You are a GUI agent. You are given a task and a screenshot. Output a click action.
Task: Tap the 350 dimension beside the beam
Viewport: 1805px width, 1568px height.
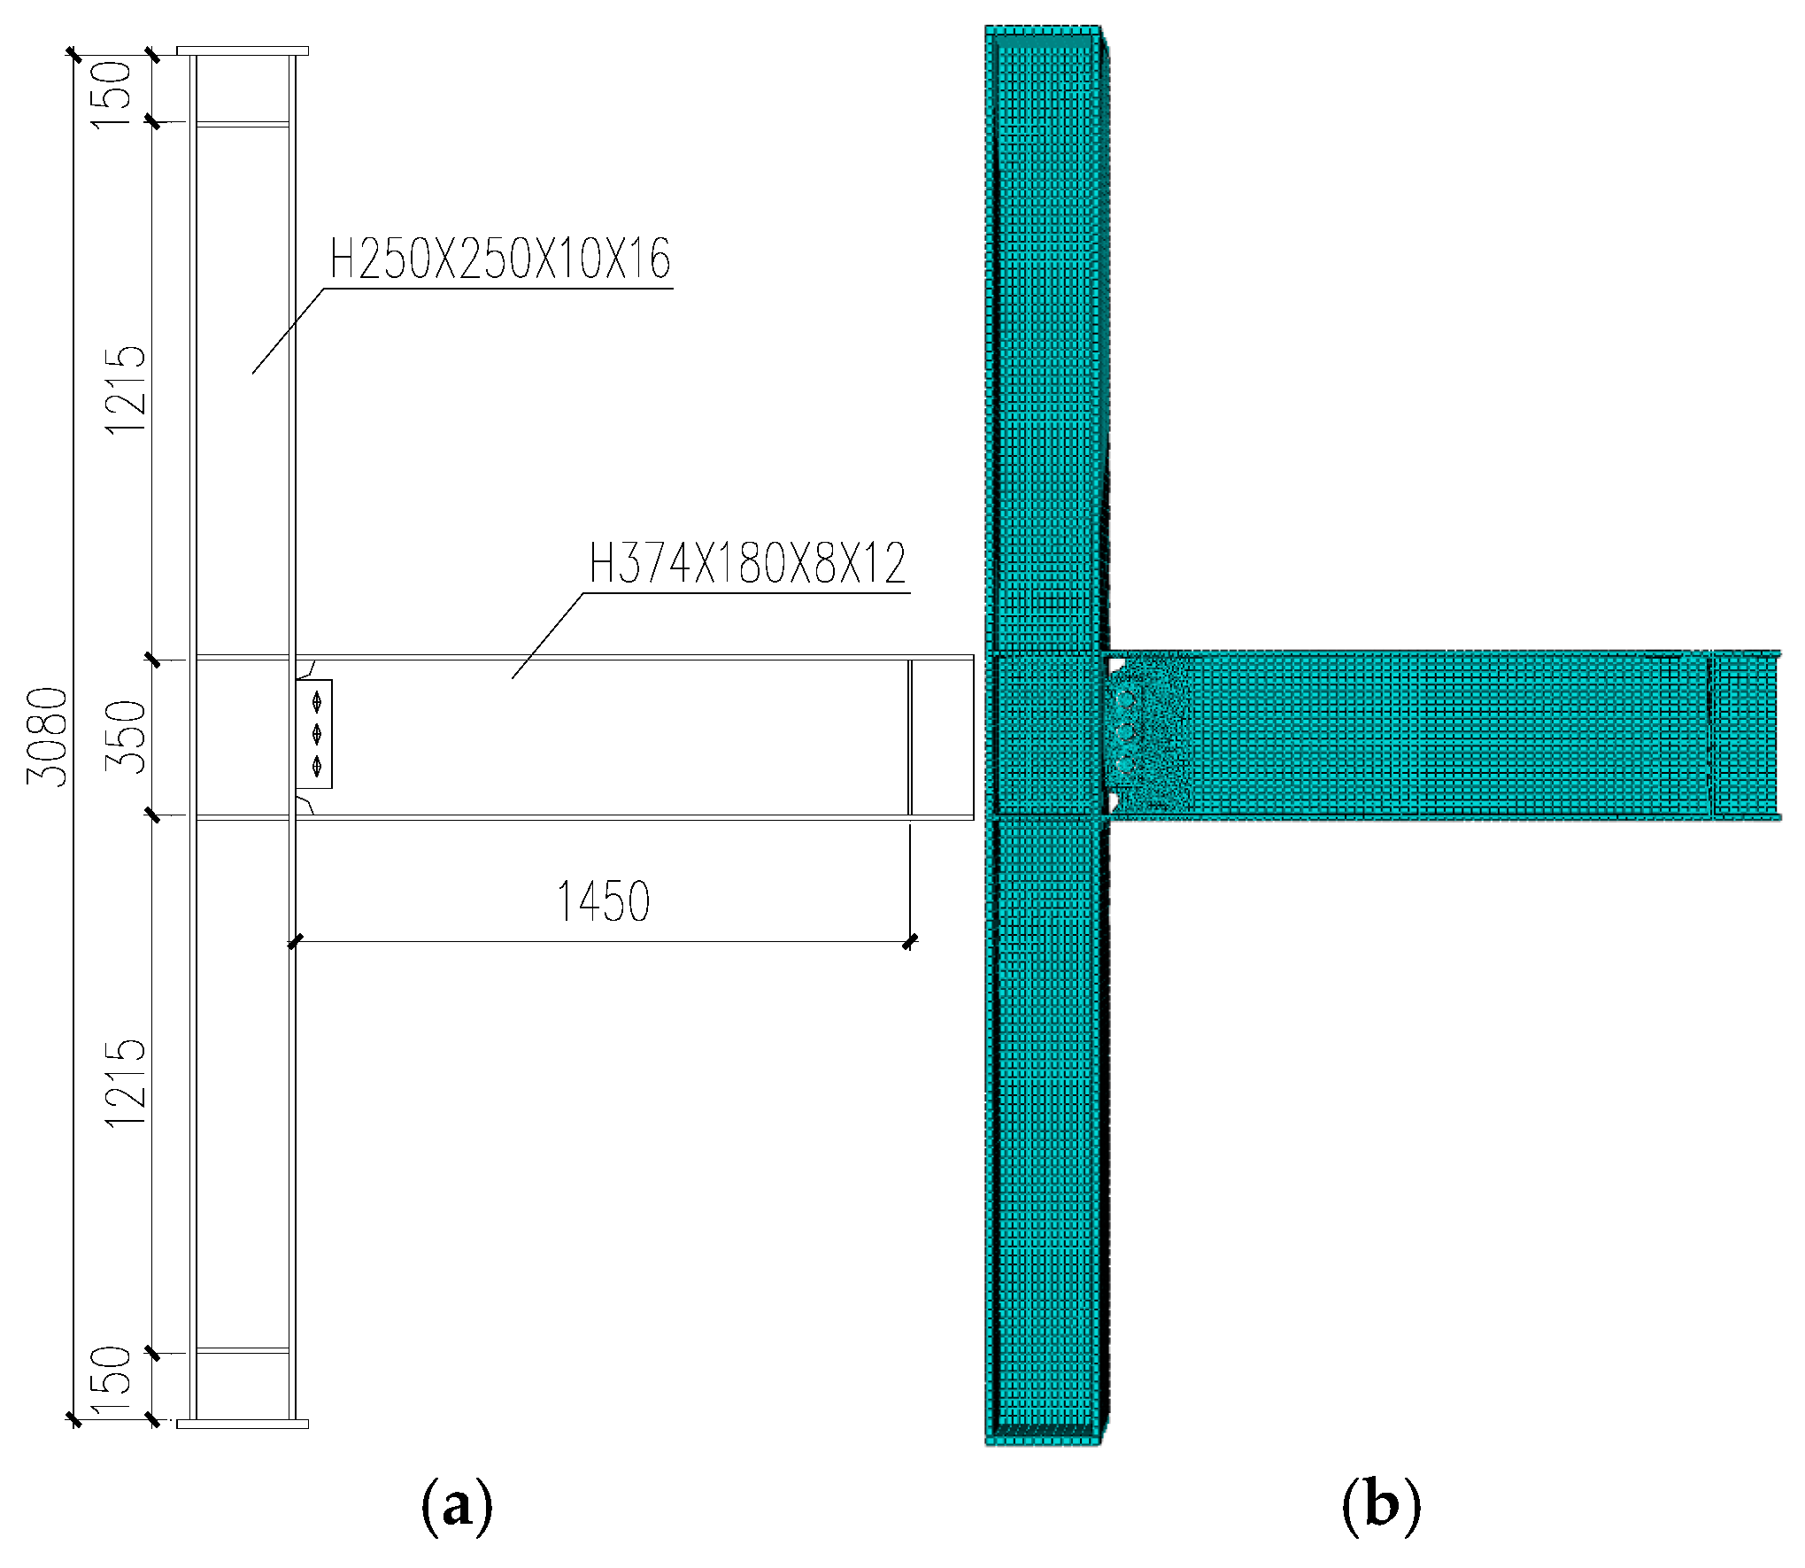[x=126, y=737]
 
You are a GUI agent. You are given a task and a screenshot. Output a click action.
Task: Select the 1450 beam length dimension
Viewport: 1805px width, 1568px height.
[x=603, y=902]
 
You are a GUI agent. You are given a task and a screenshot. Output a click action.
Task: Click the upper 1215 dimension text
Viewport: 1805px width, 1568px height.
[x=126, y=390]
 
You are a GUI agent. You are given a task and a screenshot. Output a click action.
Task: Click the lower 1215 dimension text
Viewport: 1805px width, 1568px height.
[x=126, y=1084]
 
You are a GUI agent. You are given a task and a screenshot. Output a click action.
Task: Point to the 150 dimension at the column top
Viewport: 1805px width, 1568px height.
[x=112, y=94]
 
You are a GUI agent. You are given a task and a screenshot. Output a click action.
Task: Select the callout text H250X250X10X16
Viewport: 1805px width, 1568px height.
[x=500, y=259]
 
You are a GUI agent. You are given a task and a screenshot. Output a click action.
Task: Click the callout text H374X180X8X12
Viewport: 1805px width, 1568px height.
[x=748, y=564]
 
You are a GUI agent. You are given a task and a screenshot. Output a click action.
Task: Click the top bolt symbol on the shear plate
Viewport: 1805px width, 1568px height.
[x=317, y=703]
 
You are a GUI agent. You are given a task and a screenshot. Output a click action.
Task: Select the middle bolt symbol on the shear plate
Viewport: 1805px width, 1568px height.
[x=317, y=734]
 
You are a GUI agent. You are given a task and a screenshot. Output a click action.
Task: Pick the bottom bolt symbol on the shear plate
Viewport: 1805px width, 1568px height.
[x=317, y=765]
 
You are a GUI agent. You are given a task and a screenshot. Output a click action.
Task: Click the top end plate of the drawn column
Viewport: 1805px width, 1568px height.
[x=243, y=50]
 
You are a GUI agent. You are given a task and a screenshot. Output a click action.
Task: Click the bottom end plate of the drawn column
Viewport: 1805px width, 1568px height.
[x=243, y=1424]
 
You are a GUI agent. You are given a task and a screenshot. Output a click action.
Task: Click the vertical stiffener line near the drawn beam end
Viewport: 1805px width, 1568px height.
[x=909, y=737]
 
